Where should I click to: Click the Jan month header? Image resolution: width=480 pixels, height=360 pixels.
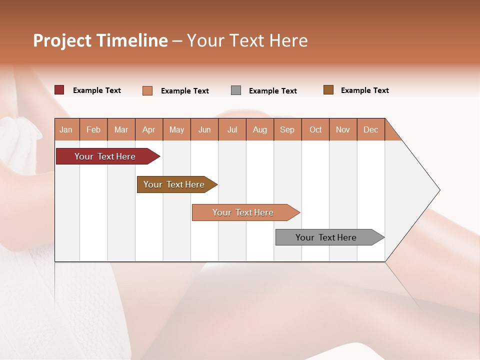(66, 129)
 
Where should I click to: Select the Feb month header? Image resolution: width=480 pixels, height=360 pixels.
(93, 129)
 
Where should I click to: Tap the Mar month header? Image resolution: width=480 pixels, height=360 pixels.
(121, 129)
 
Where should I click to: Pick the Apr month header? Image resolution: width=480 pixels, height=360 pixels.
(149, 129)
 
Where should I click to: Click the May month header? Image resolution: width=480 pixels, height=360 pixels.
(176, 129)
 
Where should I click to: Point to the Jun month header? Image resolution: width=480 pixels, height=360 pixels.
(204, 129)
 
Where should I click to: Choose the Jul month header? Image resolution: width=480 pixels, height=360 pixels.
(232, 129)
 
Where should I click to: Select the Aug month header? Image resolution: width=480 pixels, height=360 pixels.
(260, 129)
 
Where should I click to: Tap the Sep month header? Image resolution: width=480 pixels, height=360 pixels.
(287, 129)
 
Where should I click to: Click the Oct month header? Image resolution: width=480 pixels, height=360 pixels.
(315, 129)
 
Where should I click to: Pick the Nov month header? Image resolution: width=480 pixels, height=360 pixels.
(343, 129)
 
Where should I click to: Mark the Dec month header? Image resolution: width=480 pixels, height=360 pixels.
(371, 129)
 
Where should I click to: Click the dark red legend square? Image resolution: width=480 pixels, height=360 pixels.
(59, 90)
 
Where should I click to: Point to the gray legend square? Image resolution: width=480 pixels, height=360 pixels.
(236, 90)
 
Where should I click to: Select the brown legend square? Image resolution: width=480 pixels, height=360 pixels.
(328, 90)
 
